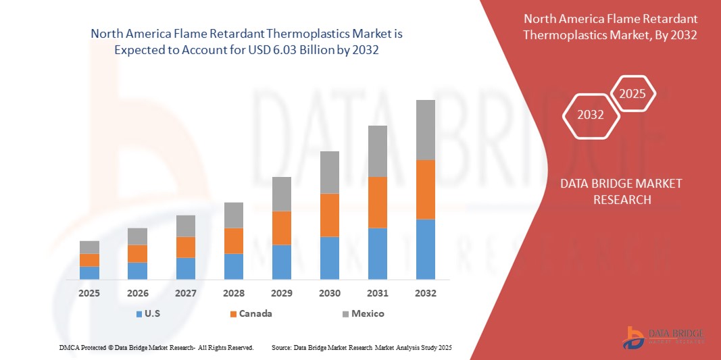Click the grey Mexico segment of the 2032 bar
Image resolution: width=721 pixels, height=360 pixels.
click(x=426, y=130)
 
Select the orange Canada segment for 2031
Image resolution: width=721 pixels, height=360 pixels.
click(x=378, y=202)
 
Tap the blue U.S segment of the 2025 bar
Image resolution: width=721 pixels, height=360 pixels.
click(x=89, y=273)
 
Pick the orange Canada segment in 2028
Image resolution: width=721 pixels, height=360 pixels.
click(x=234, y=240)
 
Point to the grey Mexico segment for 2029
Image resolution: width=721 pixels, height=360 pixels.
click(x=282, y=194)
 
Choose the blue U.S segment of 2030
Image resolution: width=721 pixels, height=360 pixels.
click(x=330, y=258)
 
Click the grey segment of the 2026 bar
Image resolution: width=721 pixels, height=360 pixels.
click(x=137, y=236)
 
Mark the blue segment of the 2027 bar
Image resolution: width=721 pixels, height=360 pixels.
click(x=186, y=268)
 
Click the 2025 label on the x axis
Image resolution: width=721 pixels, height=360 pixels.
click(x=89, y=293)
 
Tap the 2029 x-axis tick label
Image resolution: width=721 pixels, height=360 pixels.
click(x=282, y=293)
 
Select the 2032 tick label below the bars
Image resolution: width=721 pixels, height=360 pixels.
click(x=426, y=293)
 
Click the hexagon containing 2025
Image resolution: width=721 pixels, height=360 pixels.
click(x=632, y=94)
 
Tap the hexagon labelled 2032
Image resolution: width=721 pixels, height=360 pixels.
click(x=591, y=115)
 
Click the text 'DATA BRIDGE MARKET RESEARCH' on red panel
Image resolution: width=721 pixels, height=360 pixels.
click(x=621, y=192)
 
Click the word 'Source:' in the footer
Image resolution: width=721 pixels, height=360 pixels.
click(x=281, y=347)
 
